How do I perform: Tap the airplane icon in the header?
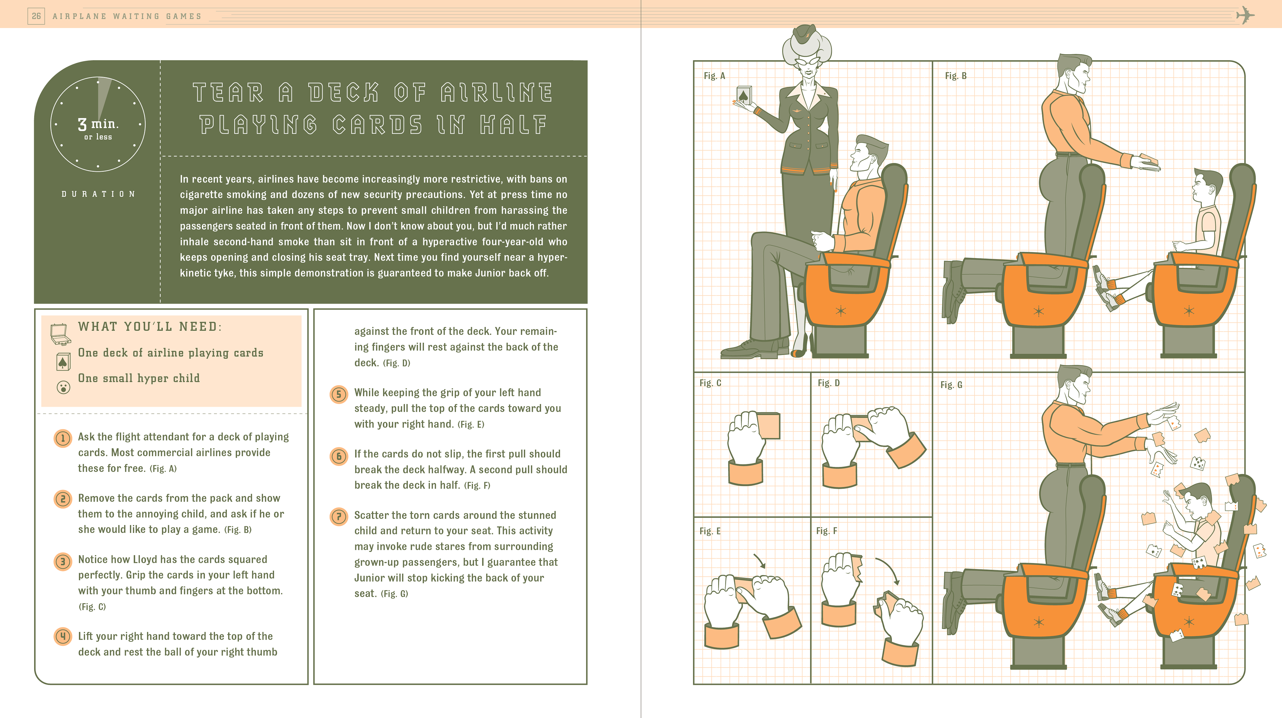pos(1245,15)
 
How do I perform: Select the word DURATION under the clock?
pos(98,194)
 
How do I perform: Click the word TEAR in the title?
pos(228,93)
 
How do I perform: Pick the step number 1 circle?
pos(63,438)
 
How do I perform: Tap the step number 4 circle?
pos(63,636)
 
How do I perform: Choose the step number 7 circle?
pos(339,516)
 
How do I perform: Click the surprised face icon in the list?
pos(63,387)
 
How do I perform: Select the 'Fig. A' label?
pos(714,76)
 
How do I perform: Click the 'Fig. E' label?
pos(710,531)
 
